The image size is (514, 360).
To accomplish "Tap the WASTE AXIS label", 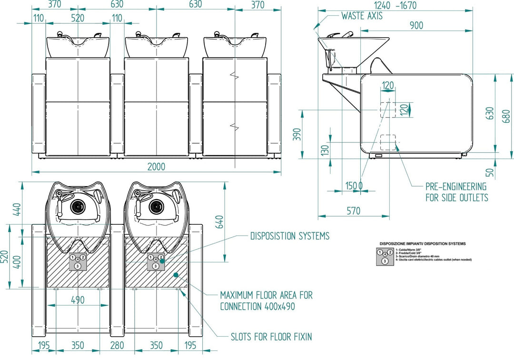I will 362,16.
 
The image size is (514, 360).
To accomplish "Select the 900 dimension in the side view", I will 416,26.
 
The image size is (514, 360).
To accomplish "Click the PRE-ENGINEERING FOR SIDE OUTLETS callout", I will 456,192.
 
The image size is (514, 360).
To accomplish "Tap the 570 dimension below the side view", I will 353,210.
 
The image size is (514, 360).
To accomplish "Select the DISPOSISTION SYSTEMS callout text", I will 290,236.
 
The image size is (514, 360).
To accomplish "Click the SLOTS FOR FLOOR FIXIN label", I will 271,337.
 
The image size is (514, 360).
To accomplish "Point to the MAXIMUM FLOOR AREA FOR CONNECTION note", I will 266,301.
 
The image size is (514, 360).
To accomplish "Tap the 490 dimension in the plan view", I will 78,300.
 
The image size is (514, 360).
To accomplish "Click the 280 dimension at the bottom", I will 117,345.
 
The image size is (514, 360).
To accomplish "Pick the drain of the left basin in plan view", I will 77,207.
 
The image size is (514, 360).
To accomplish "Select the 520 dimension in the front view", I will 78,18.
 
